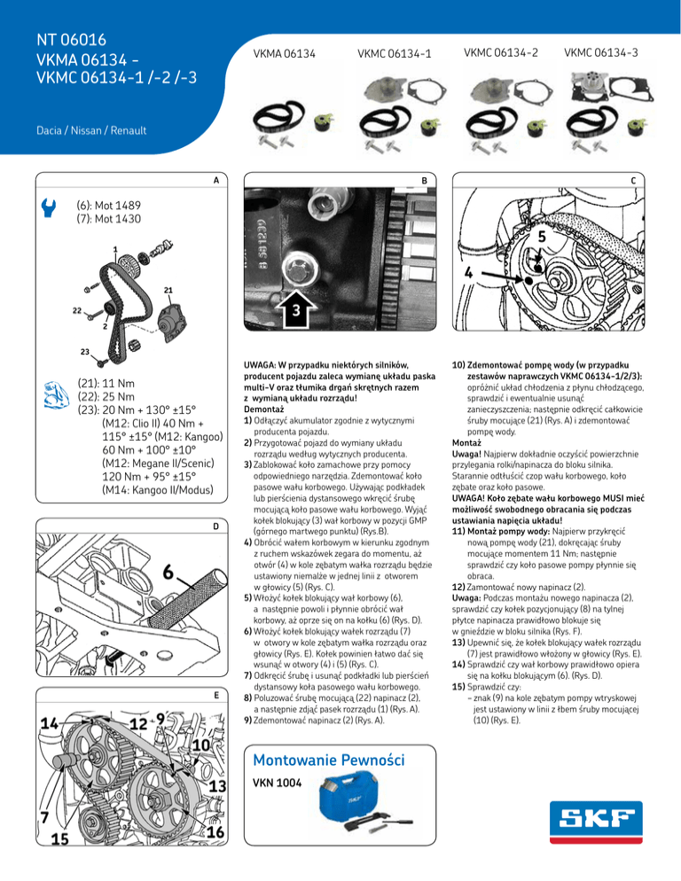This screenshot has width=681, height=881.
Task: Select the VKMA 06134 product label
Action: coord(286,55)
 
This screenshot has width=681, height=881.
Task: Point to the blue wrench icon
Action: coord(49,207)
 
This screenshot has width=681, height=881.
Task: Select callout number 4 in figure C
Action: coord(474,272)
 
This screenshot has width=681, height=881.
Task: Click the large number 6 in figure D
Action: coord(168,549)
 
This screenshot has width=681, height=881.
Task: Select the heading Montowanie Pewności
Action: coord(328,760)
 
